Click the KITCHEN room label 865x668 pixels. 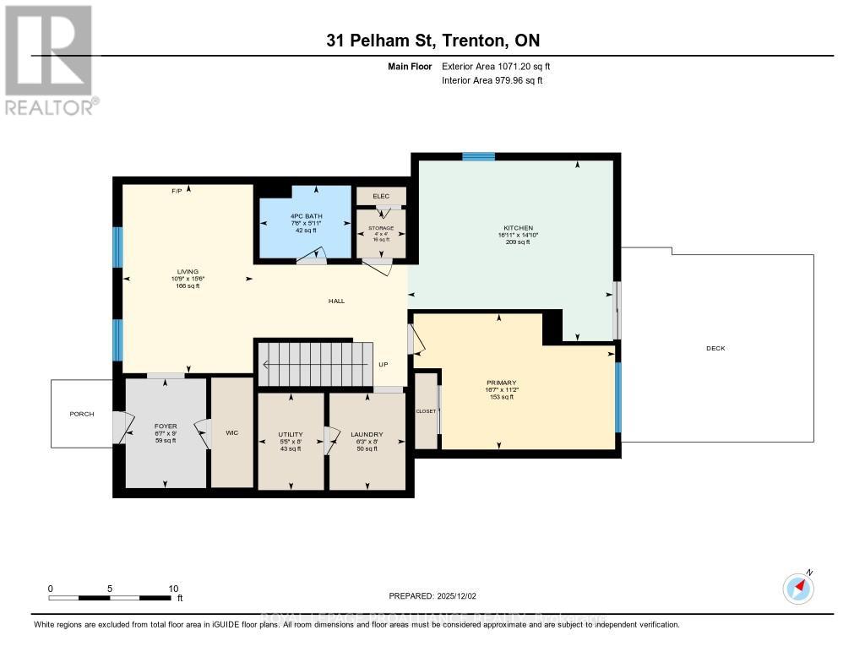[518, 228]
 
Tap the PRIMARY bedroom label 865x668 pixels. [501, 383]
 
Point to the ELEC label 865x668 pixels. [380, 196]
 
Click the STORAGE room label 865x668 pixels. [380, 228]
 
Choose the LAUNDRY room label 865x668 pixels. [367, 435]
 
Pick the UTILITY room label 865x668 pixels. [291, 435]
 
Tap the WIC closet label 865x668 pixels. [231, 432]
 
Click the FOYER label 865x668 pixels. [165, 426]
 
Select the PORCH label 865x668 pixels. [82, 414]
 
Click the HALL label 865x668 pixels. [336, 301]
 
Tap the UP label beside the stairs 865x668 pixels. [383, 365]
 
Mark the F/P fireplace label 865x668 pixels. [177, 192]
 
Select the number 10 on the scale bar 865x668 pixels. [173, 589]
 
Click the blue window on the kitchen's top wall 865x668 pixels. [478, 156]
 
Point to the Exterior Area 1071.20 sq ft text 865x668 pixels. [498, 66]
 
